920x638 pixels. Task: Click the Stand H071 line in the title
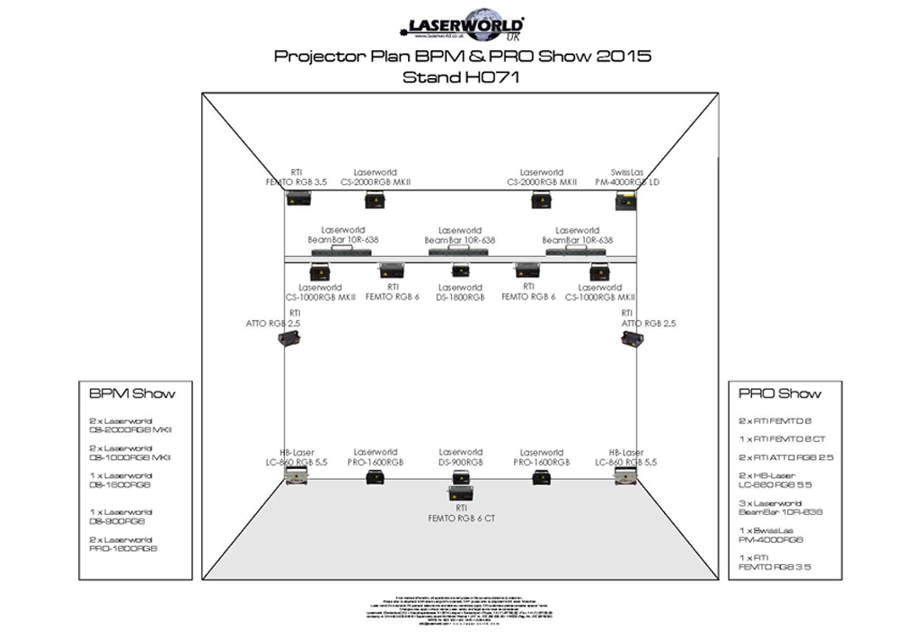[461, 77]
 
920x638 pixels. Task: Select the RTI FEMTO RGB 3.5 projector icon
[298, 198]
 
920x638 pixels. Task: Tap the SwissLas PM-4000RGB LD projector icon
[625, 200]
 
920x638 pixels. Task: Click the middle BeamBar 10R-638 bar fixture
[460, 253]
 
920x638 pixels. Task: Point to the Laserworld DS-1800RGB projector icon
[460, 270]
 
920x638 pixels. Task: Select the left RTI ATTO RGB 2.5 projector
[288, 338]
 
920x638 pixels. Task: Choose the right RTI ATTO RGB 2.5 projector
[632, 338]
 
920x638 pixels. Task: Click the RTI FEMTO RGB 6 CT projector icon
[460, 491]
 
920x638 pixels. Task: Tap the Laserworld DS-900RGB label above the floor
[460, 457]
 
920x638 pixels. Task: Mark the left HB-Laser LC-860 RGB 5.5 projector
[296, 477]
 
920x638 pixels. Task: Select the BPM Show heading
[132, 394]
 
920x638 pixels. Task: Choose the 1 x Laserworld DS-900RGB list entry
[121, 516]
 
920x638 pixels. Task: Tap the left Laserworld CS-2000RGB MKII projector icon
[375, 200]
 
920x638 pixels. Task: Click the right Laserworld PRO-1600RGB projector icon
[541, 477]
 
